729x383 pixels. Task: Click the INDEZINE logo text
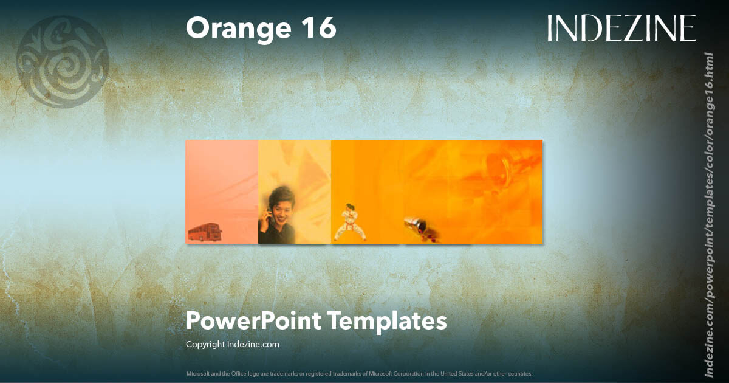pos(621,28)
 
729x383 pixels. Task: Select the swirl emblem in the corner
pos(63,61)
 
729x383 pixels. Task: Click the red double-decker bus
pos(205,232)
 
